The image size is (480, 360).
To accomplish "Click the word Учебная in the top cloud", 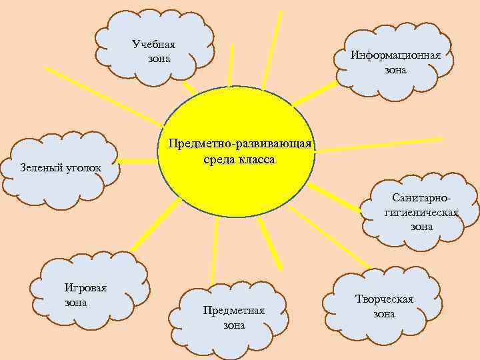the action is (153, 45).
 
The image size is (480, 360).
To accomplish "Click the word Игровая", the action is (81, 288).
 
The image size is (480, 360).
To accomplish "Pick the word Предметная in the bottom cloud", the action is (233, 311).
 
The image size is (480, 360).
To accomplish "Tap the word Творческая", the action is (384, 299).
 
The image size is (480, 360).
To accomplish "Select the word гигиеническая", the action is (421, 213).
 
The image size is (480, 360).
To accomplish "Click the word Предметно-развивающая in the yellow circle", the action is (240, 145).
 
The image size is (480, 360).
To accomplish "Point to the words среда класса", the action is (237, 160).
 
